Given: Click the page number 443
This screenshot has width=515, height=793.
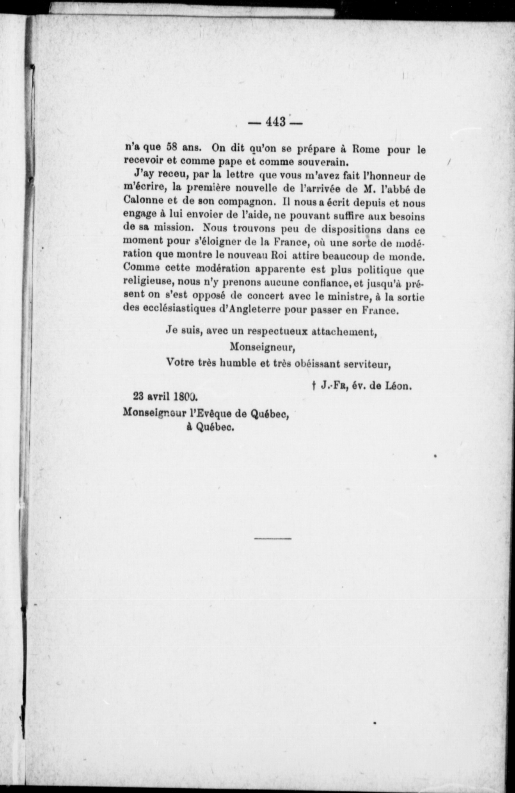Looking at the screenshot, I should point(276,122).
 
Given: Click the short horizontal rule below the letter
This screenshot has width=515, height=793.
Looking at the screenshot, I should point(272,539).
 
